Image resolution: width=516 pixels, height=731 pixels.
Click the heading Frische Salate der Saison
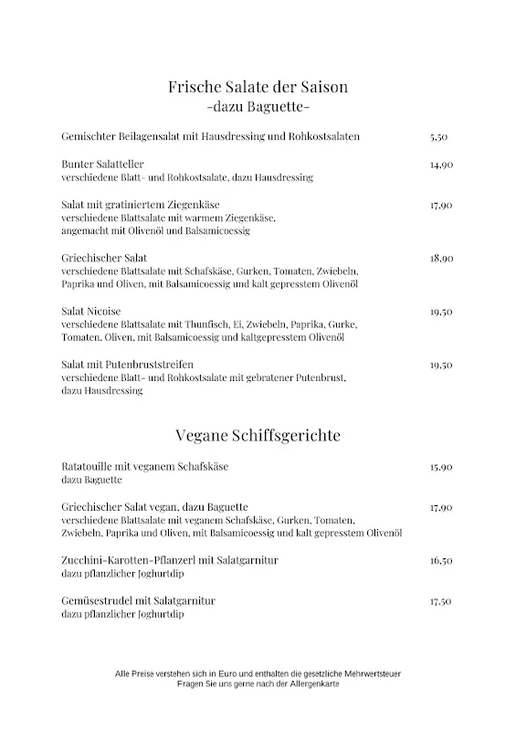258,88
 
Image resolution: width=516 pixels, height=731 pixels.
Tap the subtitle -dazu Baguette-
258,108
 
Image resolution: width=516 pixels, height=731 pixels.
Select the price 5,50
438,137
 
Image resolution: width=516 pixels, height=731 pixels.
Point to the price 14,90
441,165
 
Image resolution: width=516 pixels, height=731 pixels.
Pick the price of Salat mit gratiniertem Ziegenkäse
441,207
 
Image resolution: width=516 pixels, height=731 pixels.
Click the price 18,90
441,259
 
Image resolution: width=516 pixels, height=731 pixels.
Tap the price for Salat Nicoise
441,312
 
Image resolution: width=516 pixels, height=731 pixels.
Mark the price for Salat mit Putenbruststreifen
441,365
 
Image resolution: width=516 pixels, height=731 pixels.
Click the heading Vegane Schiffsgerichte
258,435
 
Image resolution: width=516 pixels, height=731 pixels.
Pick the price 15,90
441,467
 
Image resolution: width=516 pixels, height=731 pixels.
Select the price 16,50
441,560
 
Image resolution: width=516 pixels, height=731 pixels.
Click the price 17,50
441,601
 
